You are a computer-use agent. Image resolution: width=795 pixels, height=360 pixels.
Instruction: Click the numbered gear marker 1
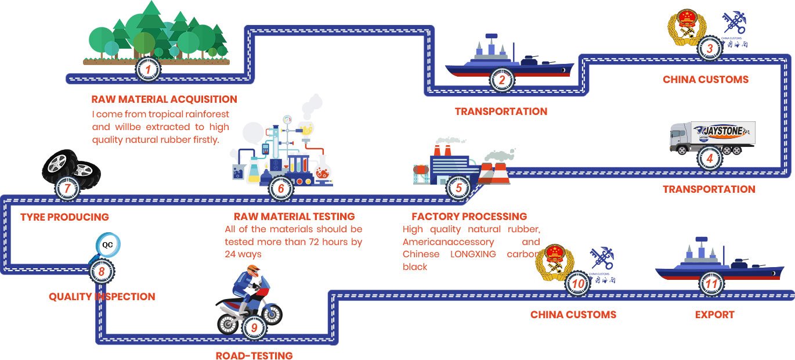[x=148, y=70]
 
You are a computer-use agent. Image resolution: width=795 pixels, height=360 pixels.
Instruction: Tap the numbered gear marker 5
[x=458, y=188]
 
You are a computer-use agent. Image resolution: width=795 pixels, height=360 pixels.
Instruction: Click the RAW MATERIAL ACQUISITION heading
[x=164, y=99]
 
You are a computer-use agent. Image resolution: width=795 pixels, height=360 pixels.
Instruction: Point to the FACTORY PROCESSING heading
[x=469, y=217]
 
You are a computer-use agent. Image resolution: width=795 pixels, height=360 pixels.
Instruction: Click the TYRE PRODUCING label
[x=64, y=217]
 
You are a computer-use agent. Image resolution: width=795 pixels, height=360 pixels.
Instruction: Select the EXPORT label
[x=714, y=315]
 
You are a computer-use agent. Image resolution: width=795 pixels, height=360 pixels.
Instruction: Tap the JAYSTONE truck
[x=712, y=138]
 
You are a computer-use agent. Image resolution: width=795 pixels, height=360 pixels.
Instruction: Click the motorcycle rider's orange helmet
[x=251, y=270]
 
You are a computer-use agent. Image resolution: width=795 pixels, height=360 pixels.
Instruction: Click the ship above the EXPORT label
[x=718, y=264]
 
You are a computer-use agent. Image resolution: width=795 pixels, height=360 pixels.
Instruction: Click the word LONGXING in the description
[x=473, y=254]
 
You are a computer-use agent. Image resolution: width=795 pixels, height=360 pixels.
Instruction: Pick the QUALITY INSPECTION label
[x=102, y=297]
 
